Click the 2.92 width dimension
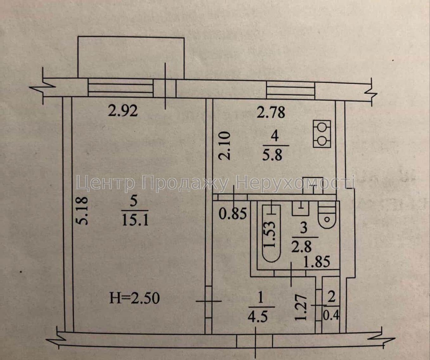pyautogui.click(x=123, y=111)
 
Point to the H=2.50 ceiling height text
pyautogui.click(x=134, y=298)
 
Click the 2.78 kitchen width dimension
pyautogui.click(x=271, y=112)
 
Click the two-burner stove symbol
pyautogui.click(x=322, y=134)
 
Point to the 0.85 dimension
pyautogui.click(x=233, y=213)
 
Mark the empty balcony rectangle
pyautogui.click(x=131, y=57)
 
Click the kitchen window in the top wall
pyautogui.click(x=290, y=91)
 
